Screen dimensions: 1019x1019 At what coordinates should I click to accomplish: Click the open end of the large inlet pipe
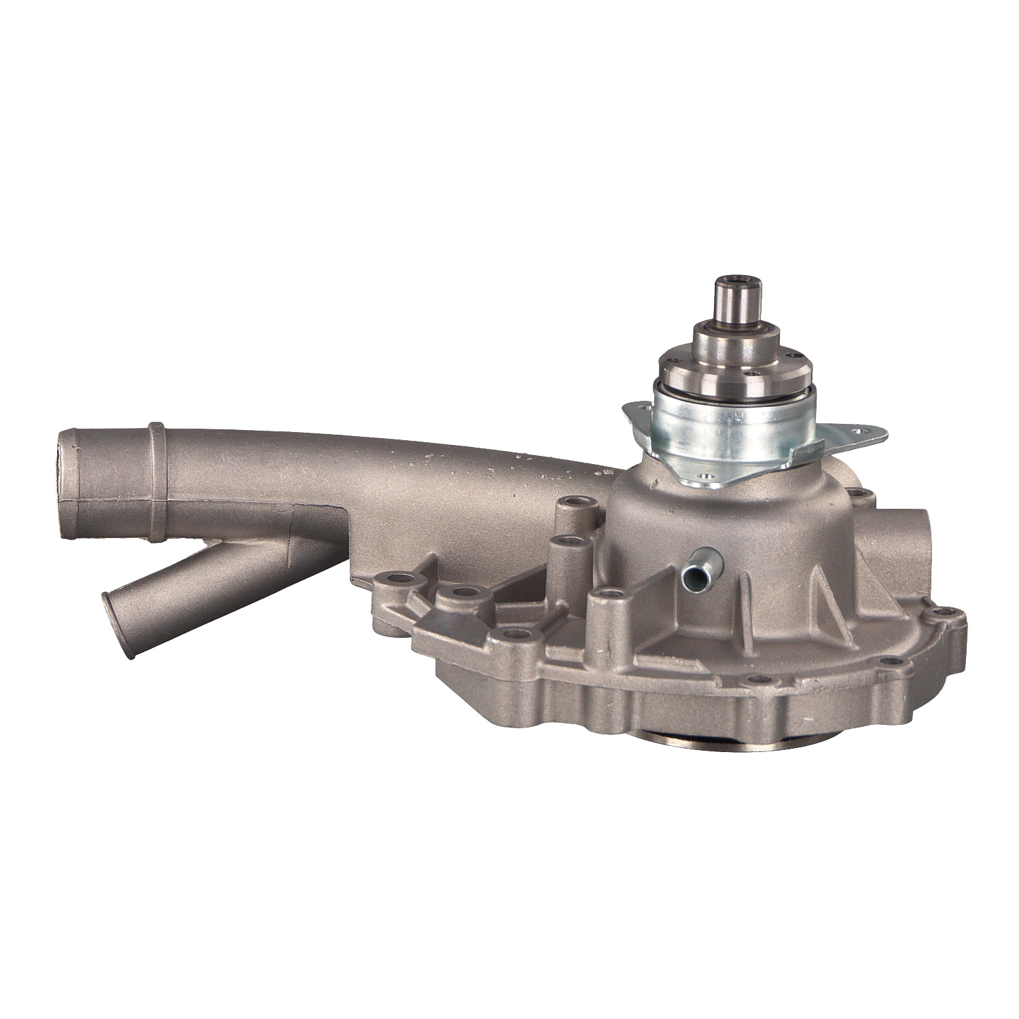[69, 482]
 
